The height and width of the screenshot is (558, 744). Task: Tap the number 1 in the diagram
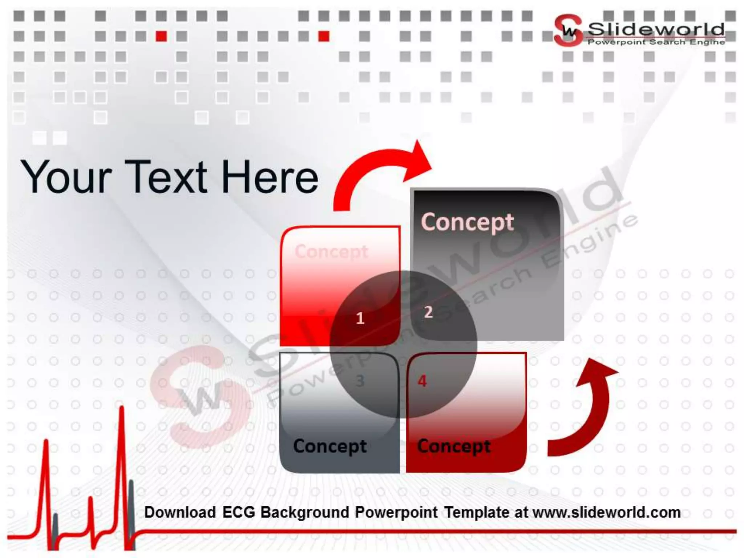point(360,319)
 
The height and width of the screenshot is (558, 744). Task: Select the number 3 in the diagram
point(360,381)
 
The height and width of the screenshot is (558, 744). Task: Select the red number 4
point(422,381)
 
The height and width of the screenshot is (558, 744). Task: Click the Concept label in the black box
point(467,222)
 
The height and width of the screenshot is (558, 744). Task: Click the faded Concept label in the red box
point(331,251)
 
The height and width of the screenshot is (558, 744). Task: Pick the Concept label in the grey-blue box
point(330,446)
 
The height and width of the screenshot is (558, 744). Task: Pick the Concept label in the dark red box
point(454,446)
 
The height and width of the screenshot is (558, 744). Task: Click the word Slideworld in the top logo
point(656,29)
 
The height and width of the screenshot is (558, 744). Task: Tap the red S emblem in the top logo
point(567,31)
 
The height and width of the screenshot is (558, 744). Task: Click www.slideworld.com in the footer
point(606,512)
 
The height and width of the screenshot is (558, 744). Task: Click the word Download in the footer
point(180,512)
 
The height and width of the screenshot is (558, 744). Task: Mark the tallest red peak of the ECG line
point(122,409)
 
